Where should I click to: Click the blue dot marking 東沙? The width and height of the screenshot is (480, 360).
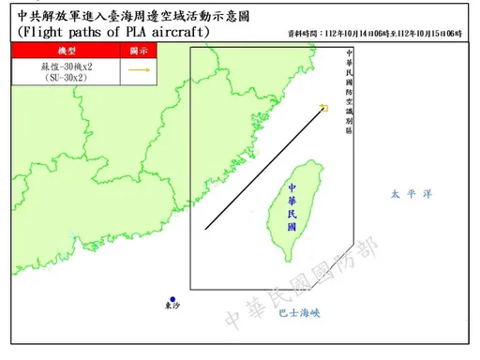coord(172,299)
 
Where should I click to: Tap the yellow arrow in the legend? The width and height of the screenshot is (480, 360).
coord(141,70)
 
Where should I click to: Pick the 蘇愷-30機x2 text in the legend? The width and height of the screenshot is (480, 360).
coord(67,67)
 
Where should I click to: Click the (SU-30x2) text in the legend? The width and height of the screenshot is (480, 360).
coord(67,79)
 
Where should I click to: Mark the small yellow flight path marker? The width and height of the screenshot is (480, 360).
coord(323,108)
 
